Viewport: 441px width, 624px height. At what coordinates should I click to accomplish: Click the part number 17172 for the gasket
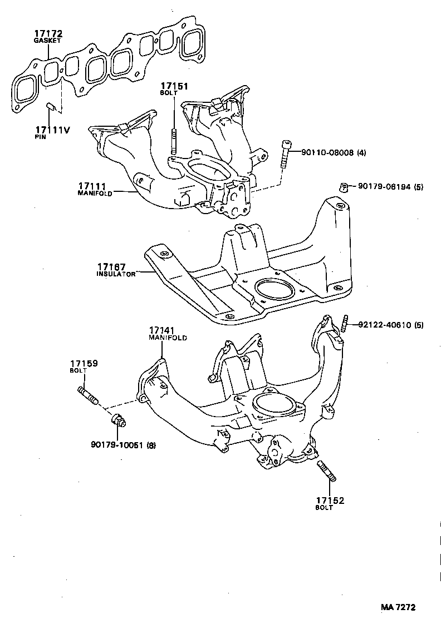click(47, 34)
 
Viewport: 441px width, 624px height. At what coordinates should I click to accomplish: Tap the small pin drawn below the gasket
click(50, 106)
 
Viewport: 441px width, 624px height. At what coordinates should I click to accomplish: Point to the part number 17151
click(174, 87)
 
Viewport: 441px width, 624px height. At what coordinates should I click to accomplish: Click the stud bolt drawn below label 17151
click(174, 142)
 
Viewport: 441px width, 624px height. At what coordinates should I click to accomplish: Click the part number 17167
click(111, 267)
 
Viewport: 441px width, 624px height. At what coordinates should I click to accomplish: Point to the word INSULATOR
click(116, 274)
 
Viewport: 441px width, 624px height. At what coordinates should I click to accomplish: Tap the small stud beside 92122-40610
click(345, 322)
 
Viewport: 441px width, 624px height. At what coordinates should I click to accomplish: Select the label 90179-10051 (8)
click(123, 444)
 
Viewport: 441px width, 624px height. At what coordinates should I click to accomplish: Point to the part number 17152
click(330, 501)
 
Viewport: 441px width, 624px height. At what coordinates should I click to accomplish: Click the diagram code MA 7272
click(398, 608)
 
